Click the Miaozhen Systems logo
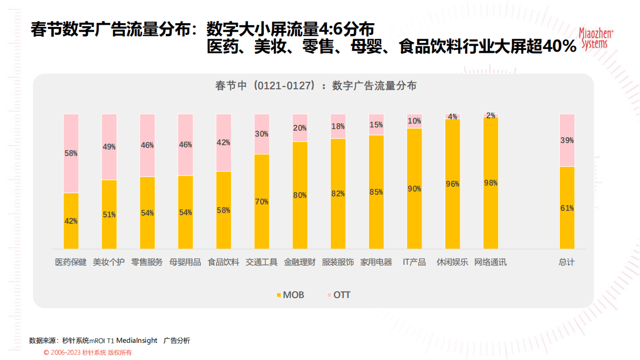coord(595,39)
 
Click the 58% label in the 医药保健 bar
coord(71,153)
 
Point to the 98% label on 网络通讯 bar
coord(490,183)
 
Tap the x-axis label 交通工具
coord(261,263)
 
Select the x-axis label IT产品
coord(414,263)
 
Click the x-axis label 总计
coord(567,263)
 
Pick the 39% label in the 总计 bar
coord(567,140)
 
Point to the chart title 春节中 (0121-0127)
coord(316,86)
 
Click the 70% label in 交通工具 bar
coord(262,202)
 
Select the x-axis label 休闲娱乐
coord(452,263)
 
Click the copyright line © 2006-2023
coord(88,352)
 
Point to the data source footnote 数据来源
coord(110,341)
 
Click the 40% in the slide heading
coord(559,47)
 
